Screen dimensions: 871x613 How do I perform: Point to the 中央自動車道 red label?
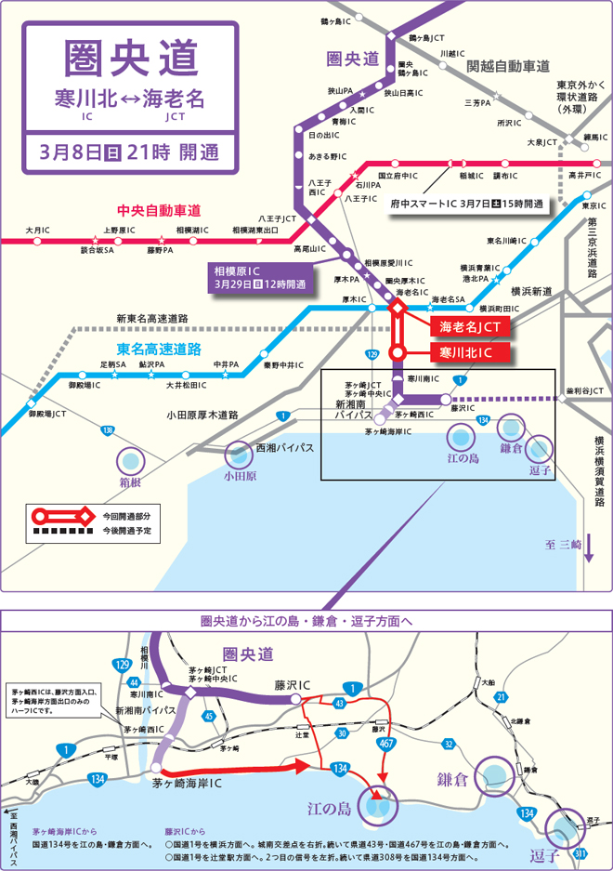tap(159, 211)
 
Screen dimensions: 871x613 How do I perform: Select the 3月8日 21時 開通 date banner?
tap(129, 149)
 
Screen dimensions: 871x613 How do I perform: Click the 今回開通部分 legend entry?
tap(125, 515)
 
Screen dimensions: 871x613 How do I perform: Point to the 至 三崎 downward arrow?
tap(588, 548)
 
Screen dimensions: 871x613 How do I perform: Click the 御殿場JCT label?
tap(47, 413)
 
